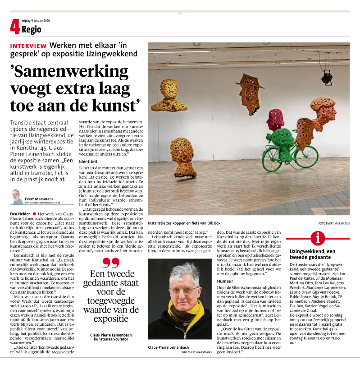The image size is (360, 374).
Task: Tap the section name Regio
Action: [31, 30]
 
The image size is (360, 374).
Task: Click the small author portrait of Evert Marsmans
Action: [18, 197]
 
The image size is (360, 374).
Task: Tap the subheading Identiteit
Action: [88, 161]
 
